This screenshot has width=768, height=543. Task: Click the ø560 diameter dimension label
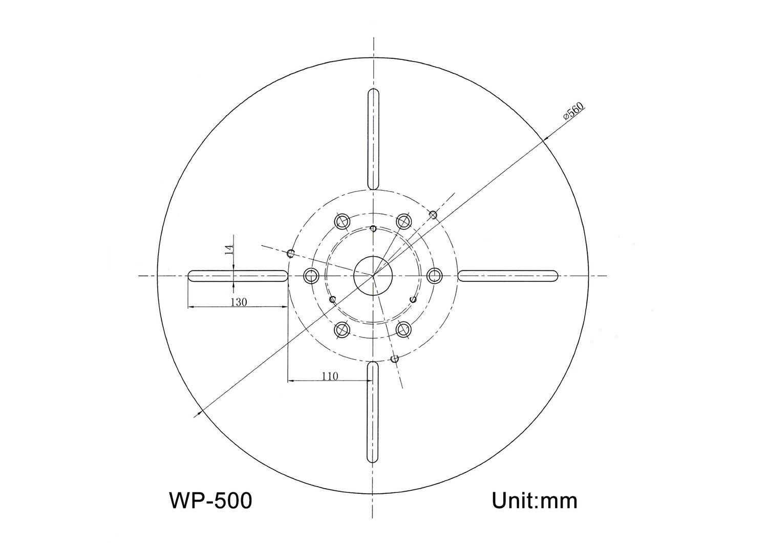click(x=574, y=111)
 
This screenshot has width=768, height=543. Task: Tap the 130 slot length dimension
click(x=239, y=302)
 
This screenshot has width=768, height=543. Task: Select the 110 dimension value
click(x=330, y=376)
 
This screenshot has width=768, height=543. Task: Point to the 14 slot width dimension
click(x=229, y=249)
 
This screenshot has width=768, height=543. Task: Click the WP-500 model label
click(x=210, y=500)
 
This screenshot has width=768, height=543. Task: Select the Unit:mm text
click(x=534, y=500)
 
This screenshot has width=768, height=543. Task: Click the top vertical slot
click(x=374, y=139)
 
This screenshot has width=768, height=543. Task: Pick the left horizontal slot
click(x=238, y=276)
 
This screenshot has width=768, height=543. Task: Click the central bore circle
click(x=373, y=276)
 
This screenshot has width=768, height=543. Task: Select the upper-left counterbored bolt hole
click(x=342, y=221)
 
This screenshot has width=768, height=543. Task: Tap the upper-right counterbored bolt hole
click(x=404, y=221)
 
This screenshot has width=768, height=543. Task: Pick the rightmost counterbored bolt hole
click(x=435, y=276)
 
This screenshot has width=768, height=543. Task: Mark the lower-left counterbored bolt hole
click(x=342, y=330)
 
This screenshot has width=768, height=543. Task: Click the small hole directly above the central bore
click(x=373, y=228)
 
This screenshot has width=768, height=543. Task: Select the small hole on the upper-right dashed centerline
click(x=433, y=214)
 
